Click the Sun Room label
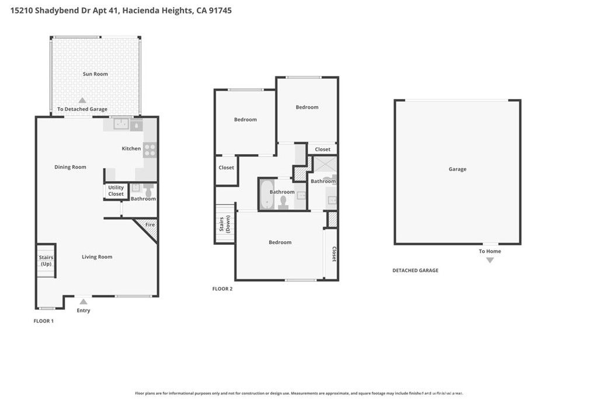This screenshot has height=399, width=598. point(95,74)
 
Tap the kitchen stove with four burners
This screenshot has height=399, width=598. point(150,150)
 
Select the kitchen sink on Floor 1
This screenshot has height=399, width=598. point(121,124)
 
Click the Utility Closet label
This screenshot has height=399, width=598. point(116,191)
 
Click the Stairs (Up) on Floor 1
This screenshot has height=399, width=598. point(46,261)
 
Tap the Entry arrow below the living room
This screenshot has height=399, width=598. point(84,302)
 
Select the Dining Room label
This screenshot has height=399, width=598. point(70,167)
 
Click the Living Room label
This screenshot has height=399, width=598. point(97,257)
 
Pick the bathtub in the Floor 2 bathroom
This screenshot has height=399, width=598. point(266,194)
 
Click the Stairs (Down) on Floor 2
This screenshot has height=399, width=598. point(225,224)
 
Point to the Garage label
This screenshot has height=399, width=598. point(457,169)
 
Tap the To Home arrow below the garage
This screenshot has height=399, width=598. point(490,260)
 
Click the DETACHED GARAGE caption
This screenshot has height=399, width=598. point(415,270)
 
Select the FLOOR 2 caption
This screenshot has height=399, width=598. point(222,289)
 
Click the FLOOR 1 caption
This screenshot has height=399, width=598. point(44,321)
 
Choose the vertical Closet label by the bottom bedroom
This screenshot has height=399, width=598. point(333,254)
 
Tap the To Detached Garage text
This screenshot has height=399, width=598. point(82,109)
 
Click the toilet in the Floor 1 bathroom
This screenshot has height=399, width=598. point(148,191)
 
